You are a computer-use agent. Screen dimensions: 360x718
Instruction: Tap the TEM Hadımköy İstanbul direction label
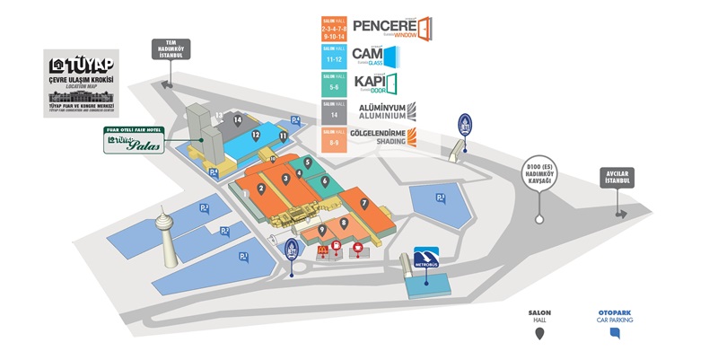(171, 48)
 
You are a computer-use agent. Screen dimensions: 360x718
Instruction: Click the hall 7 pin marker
(364, 203)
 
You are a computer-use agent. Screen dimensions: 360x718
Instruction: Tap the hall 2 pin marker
(260, 189)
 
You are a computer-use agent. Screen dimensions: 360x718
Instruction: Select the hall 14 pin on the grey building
(238, 119)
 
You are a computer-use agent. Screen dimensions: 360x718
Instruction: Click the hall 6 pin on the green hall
(324, 180)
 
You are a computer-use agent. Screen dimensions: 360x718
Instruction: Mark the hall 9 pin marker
(322, 230)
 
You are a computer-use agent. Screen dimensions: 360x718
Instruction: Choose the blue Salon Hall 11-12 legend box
(336, 57)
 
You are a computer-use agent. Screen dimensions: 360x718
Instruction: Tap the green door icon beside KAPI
(391, 84)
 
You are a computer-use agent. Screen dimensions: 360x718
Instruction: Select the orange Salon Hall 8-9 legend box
(336, 140)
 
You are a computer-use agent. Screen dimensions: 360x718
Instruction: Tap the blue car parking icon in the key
(615, 333)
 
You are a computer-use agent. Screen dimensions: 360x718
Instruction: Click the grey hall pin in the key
(539, 334)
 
